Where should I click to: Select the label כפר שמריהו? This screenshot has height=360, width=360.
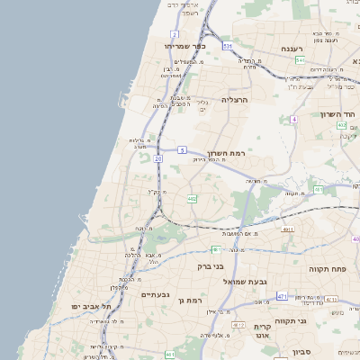[186, 45]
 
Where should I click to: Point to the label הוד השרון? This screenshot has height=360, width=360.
[338, 114]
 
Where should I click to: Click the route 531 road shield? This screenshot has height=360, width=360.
[228, 45]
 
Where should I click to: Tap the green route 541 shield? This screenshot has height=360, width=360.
[299, 60]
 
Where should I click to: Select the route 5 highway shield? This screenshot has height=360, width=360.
[182, 149]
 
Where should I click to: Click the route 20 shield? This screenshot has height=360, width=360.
[158, 159]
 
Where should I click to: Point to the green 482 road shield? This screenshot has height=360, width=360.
[192, 198]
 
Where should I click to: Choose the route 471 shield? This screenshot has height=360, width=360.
[282, 296]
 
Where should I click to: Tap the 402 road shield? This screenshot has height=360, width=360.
[341, 125]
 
